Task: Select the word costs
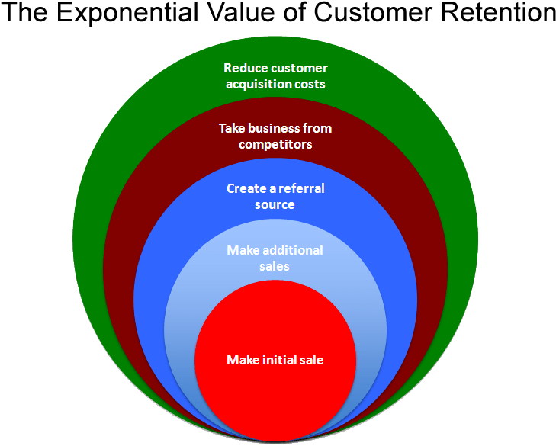(310, 84)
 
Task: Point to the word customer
(298, 69)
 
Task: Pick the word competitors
(275, 144)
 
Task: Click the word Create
(246, 188)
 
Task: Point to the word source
(275, 204)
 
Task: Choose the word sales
(275, 266)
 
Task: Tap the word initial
(278, 360)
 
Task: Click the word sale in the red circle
(311, 360)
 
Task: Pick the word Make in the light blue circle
(242, 250)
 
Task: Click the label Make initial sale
(275, 360)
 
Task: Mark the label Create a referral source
(275, 196)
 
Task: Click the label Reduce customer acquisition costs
(275, 76)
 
